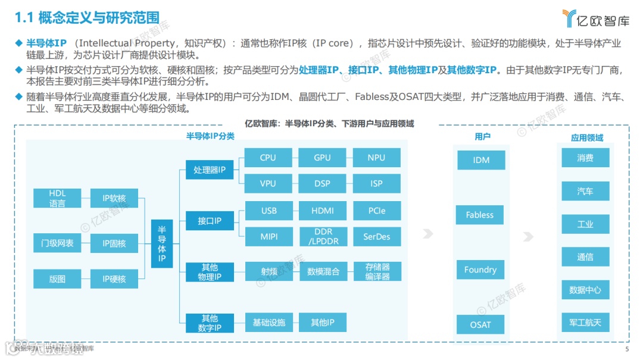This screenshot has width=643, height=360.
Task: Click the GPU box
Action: click(322, 158)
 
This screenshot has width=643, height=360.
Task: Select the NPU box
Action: click(376, 158)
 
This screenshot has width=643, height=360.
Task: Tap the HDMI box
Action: click(322, 211)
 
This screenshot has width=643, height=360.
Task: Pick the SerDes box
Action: click(376, 236)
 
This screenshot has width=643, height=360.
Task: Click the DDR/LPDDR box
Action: click(322, 236)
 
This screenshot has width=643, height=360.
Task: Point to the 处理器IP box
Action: click(209, 170)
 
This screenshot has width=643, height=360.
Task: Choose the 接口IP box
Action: click(209, 221)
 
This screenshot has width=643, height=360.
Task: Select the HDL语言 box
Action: click(57, 198)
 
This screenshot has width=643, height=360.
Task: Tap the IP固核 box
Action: click(114, 243)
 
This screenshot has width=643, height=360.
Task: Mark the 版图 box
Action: click(57, 278)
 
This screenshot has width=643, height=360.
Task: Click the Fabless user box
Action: click(480, 215)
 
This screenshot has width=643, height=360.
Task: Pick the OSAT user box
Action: click(480, 324)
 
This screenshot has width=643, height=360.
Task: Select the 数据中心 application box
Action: click(585, 290)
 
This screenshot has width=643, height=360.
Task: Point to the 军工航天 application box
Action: click(585, 323)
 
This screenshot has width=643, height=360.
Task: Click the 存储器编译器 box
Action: click(377, 271)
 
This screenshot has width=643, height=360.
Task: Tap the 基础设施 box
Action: click(269, 323)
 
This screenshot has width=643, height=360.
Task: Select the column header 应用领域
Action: click(586, 137)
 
